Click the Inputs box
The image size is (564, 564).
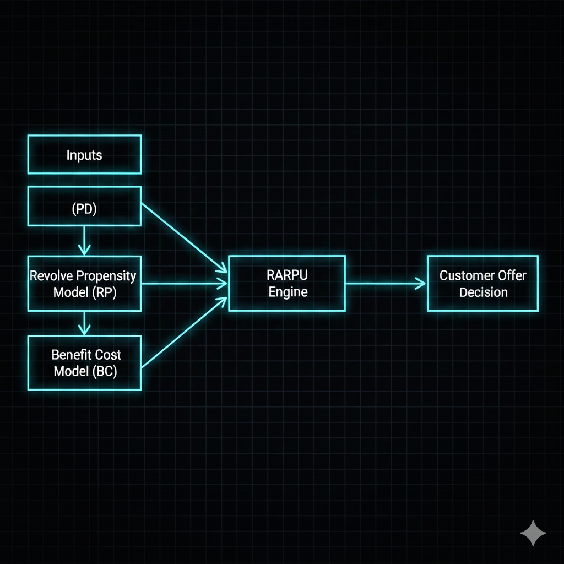pos(84,155)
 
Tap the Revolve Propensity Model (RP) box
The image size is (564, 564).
pos(84,284)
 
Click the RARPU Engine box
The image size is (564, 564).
pos(287,284)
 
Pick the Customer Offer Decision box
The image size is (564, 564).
pos(482,284)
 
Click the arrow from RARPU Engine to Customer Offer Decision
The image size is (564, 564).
pos(386,284)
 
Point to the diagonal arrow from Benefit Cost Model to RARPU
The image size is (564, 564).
pos(185,333)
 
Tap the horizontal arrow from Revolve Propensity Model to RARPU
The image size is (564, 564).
pos(185,284)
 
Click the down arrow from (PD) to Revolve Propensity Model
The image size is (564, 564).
pos(84,240)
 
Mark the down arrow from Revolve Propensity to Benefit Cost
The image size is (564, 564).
pos(84,323)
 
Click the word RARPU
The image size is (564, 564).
pos(287,276)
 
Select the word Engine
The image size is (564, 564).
pos(288,292)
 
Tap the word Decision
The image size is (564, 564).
pos(483,292)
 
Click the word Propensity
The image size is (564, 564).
pos(106,276)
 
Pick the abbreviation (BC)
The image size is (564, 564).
pos(104,371)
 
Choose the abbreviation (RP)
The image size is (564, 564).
pos(104,292)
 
